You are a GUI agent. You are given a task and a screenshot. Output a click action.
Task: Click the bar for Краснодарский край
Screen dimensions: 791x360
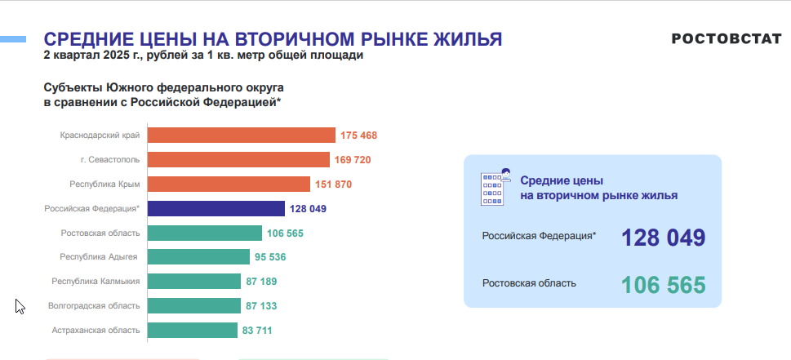[x=242, y=136]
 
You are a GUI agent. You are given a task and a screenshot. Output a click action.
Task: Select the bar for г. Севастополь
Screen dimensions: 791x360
[x=238, y=160]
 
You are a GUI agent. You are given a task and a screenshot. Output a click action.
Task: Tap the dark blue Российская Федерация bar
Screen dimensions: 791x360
[x=216, y=208]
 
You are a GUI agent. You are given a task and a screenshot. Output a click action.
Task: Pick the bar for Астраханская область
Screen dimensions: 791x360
[x=193, y=331]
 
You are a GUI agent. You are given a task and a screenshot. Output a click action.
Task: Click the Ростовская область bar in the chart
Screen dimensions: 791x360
[x=205, y=233]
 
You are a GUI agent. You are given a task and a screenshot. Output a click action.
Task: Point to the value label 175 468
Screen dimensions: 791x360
[x=358, y=136]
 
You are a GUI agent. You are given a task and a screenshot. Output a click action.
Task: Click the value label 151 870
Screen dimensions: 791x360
[x=333, y=184]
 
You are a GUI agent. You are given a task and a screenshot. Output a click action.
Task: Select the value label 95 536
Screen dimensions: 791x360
[x=270, y=257]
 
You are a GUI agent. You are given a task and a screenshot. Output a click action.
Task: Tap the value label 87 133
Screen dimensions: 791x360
[x=261, y=306]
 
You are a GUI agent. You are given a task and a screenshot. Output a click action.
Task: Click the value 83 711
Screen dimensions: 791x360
[x=257, y=331]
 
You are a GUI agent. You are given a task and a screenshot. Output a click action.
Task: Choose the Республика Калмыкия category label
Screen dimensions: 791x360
[x=96, y=282]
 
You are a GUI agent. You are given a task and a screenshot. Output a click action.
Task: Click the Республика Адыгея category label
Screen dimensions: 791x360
[x=99, y=257]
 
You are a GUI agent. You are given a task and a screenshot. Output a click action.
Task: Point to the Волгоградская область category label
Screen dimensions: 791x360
[x=94, y=305]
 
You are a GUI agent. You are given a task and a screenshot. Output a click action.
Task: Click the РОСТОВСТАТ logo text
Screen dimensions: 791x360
[x=727, y=39]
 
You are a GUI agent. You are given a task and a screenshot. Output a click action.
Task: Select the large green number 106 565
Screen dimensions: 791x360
[x=664, y=286]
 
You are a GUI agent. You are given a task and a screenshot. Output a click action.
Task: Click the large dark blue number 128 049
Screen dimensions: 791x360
[x=663, y=238]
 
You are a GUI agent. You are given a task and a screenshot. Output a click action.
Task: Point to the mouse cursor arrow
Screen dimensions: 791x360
[x=20, y=307]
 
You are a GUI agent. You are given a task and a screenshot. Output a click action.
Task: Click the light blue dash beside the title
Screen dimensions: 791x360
[x=12, y=39]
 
